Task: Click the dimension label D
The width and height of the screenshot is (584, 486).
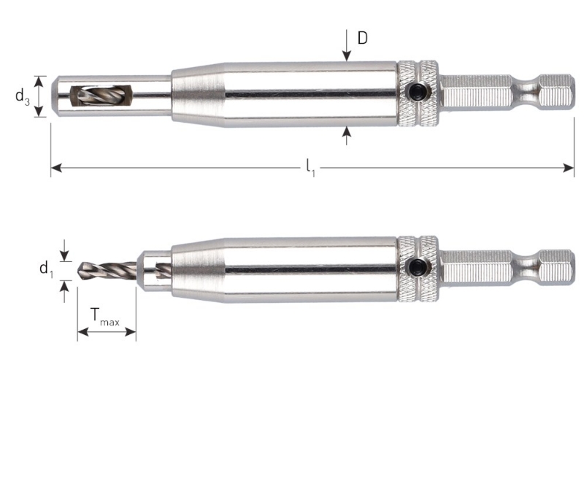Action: pyautogui.click(x=363, y=37)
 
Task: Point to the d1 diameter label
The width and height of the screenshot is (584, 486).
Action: pyautogui.click(x=46, y=269)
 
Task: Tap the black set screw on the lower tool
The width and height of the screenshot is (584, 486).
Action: pyautogui.click(x=419, y=267)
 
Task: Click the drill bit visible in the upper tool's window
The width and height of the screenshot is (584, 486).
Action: pyautogui.click(x=91, y=96)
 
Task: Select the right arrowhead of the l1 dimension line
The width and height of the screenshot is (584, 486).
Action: pyautogui.click(x=570, y=169)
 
